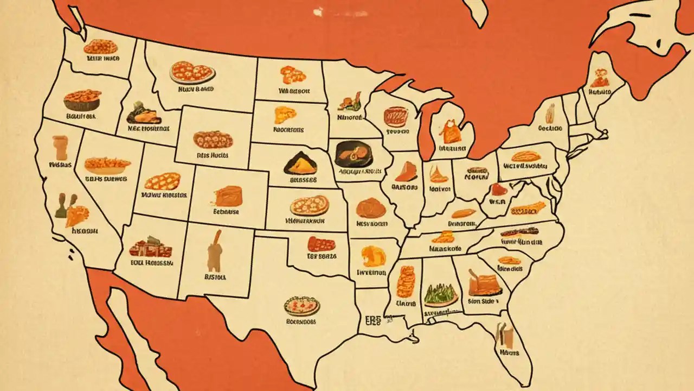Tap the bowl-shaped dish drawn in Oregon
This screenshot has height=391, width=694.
tap(82, 100)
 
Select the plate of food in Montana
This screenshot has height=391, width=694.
tap(192, 72)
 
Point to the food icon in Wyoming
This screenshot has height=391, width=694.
tap(213, 140)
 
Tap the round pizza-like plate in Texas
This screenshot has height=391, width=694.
tap(301, 306)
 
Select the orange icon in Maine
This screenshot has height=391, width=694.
tap(599, 79)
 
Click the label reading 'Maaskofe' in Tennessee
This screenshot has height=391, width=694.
tap(445, 249)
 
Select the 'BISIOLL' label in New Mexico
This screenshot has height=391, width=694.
tap(215, 276)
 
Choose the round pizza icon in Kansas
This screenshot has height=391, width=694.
tap(309, 206)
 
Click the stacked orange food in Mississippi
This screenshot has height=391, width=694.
tap(406, 282)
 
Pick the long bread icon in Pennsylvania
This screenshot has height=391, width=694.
tap(525, 156)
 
